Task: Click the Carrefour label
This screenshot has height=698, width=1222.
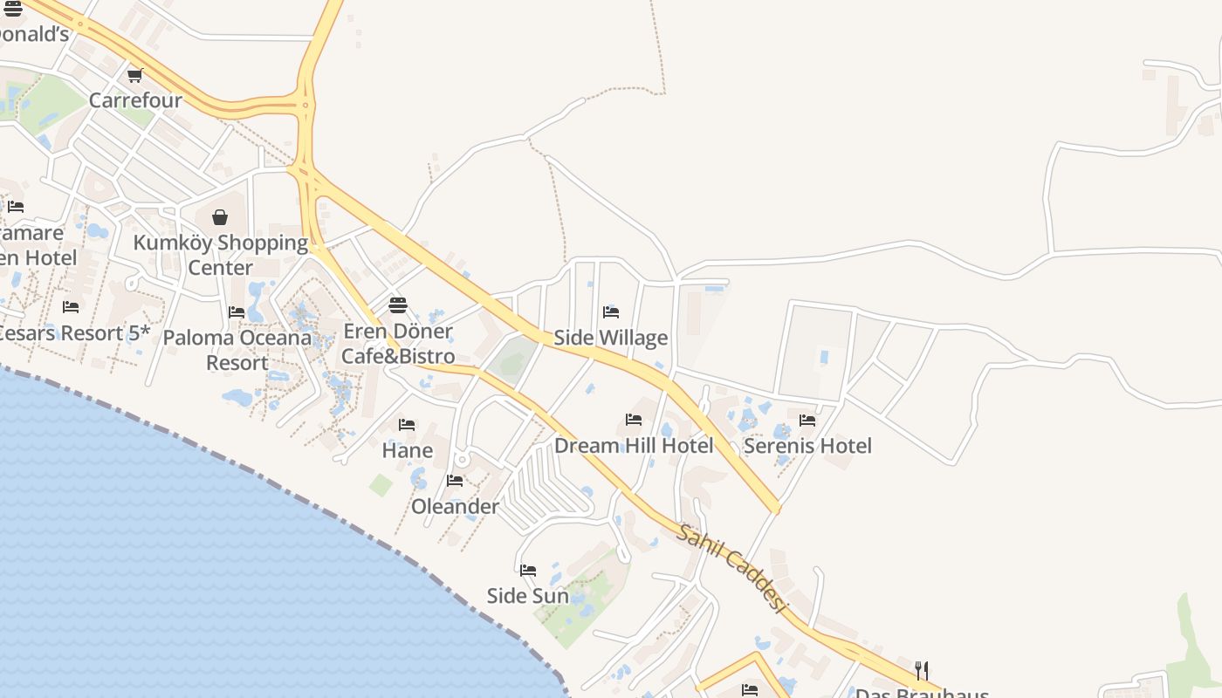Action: click(135, 100)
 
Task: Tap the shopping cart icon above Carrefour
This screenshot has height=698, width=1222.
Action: click(134, 76)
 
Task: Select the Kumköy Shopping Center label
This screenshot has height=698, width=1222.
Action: click(220, 255)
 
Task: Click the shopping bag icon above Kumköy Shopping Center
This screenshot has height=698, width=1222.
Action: click(220, 216)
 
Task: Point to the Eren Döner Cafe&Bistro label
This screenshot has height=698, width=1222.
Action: click(398, 344)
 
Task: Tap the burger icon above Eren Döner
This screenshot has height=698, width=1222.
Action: click(398, 305)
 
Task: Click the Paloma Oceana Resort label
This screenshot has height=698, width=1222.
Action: click(237, 350)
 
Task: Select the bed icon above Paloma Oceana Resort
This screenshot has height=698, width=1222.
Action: click(237, 311)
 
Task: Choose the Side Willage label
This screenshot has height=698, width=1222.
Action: click(611, 338)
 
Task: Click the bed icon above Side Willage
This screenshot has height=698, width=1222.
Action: click(611, 311)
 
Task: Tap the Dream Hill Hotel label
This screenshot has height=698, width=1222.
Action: click(634, 446)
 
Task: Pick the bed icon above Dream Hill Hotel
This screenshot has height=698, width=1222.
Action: click(634, 420)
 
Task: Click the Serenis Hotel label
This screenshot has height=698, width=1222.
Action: click(807, 446)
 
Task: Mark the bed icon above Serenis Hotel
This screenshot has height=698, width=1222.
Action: click(807, 420)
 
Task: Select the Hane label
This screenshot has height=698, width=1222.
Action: click(408, 451)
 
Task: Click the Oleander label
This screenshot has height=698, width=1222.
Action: click(455, 506)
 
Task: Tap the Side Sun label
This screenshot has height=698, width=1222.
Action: click(528, 596)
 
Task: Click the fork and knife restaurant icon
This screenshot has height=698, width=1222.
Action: click(922, 670)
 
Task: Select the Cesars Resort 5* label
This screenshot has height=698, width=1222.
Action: click(73, 333)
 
